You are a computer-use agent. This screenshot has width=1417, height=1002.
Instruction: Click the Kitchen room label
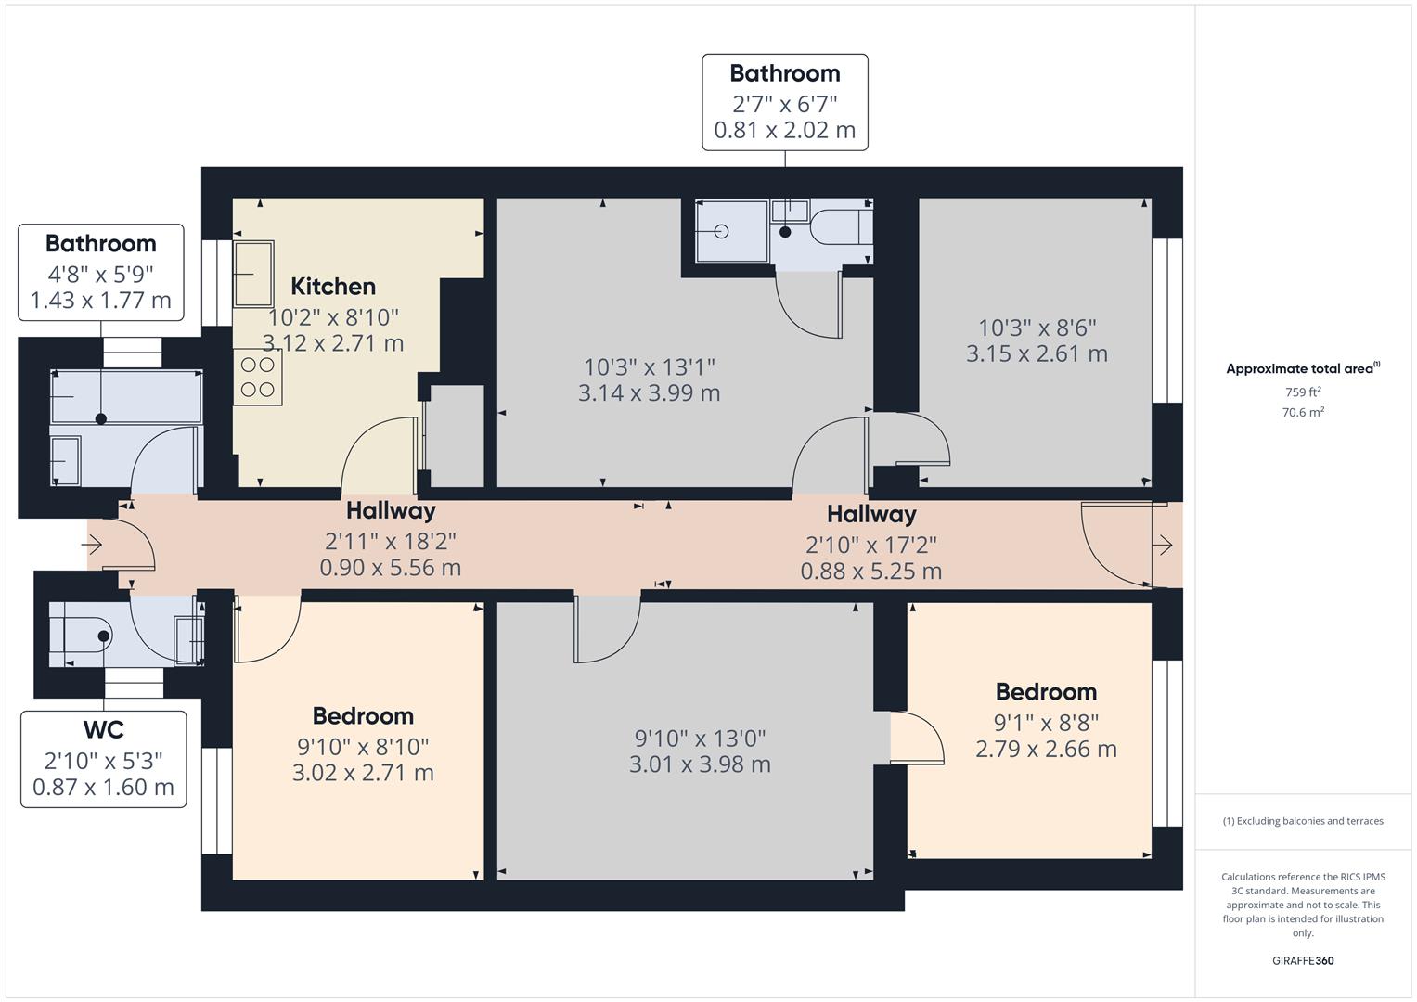pyautogui.click(x=333, y=287)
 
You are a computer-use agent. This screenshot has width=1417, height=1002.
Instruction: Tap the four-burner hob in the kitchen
pyautogui.click(x=257, y=378)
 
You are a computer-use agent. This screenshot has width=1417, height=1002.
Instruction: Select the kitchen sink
pyautogui.click(x=253, y=274)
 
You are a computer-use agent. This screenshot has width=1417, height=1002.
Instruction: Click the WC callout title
pyautogui.click(x=103, y=730)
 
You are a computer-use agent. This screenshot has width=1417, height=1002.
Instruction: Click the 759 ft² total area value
pyautogui.click(x=1302, y=392)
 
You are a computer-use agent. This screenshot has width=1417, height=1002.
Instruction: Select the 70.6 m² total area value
pyautogui.click(x=1302, y=413)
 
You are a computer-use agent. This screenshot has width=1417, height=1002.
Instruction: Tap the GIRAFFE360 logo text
pyautogui.click(x=1302, y=960)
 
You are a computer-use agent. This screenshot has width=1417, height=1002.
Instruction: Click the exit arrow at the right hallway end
pyautogui.click(x=1162, y=546)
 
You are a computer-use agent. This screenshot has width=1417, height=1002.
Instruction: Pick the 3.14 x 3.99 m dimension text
pyautogui.click(x=649, y=393)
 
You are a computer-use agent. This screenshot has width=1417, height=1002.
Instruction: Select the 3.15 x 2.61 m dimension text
pyautogui.click(x=1037, y=354)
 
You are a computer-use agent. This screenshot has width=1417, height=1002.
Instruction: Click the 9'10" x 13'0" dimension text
pyautogui.click(x=700, y=739)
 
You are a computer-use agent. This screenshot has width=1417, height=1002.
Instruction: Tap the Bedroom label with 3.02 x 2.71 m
pyautogui.click(x=363, y=716)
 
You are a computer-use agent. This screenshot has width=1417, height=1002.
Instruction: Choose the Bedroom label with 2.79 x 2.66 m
pyautogui.click(x=1046, y=692)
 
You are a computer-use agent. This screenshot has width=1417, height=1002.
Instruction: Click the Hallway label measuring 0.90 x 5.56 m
pyautogui.click(x=391, y=510)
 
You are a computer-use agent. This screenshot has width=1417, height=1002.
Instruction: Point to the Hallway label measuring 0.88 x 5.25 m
pyautogui.click(x=871, y=514)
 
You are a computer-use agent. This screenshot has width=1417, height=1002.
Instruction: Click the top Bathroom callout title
pyautogui.click(x=784, y=73)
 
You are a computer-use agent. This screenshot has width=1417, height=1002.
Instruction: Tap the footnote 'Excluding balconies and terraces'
pyautogui.click(x=1302, y=821)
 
